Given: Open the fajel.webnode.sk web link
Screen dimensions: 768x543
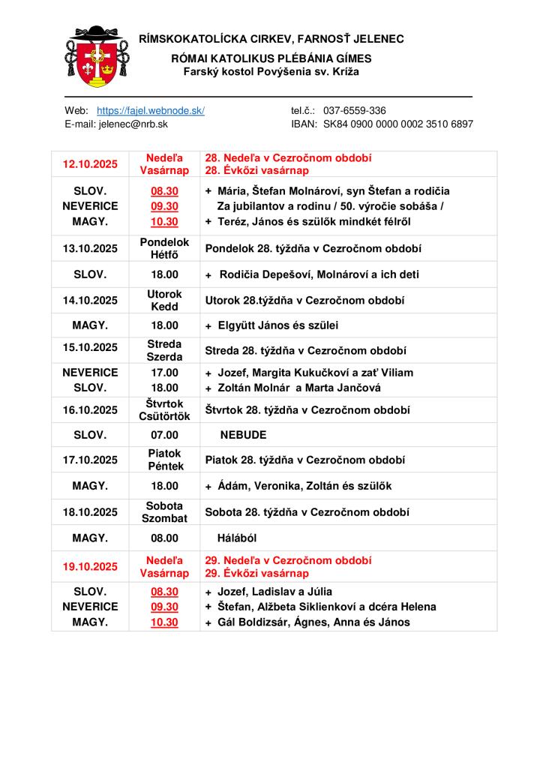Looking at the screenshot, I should click(151, 110).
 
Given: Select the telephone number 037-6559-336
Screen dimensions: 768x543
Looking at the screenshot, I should click(355, 110).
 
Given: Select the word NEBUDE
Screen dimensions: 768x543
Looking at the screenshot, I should click(244, 434).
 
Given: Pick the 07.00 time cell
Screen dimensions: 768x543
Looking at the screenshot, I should click(165, 434).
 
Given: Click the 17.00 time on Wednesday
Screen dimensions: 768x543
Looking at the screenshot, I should click(165, 372).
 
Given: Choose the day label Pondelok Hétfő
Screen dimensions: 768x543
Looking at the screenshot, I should click(165, 248).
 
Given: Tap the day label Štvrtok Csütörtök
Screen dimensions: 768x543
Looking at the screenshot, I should click(165, 409).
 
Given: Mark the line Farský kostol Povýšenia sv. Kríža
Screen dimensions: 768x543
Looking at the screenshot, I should click(271, 71).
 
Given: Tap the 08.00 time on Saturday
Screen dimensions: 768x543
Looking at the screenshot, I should click(165, 538).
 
